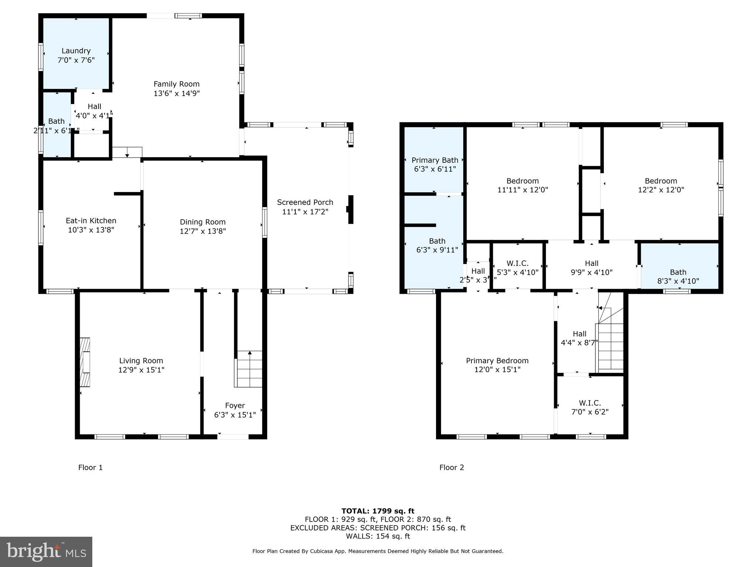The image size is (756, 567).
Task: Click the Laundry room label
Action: coord(76,51)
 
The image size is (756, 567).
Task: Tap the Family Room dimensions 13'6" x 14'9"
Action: coord(176,93)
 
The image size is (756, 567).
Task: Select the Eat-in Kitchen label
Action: coord(91,221)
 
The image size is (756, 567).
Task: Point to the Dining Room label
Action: coord(203,222)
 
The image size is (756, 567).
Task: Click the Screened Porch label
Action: coord(305,202)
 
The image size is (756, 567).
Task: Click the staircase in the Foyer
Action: coord(249,369)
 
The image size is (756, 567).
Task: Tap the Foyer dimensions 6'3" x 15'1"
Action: coord(235,415)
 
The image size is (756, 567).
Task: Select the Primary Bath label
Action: coord(435,160)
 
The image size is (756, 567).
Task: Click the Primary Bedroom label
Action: coord(497,361)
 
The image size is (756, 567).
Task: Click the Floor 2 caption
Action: coord(451,468)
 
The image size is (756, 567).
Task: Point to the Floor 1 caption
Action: coord(90,468)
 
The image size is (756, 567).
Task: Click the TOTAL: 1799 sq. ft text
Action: coord(378,511)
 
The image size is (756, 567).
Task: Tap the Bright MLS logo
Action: coord(46,551)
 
